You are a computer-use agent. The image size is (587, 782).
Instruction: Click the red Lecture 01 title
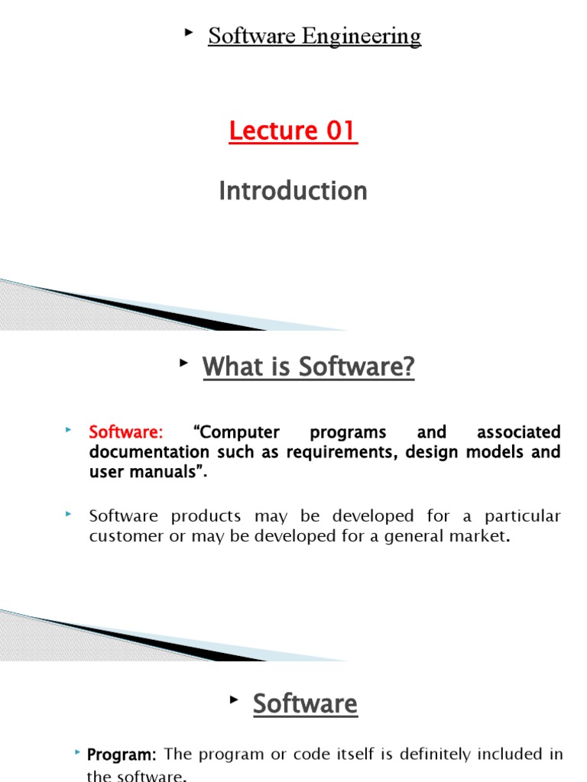pos(293,131)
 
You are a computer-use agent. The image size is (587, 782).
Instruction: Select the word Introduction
pos(293,190)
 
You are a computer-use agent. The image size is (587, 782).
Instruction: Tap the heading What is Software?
pos(308,367)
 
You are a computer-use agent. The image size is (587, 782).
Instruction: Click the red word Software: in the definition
pos(126,432)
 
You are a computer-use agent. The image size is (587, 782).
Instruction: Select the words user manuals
pos(145,472)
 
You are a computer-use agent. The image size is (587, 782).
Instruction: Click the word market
pos(478,536)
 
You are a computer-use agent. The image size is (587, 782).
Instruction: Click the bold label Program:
pos(122,755)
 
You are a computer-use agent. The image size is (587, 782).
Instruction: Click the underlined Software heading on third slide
pos(305,703)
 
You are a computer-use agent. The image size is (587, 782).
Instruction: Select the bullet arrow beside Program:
pos(78,753)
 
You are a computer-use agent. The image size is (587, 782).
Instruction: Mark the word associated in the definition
pos(518,432)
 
